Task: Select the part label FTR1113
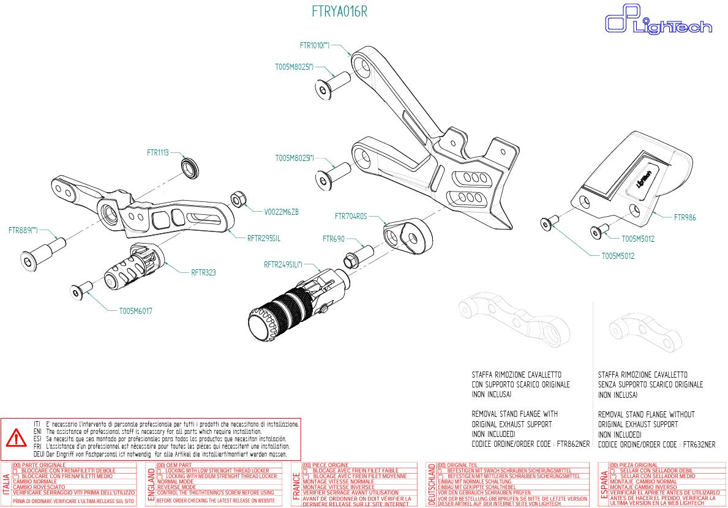pos(157,152)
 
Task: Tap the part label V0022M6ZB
pos(281,212)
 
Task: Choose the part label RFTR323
pos(203,272)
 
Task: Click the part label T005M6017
pos(135,311)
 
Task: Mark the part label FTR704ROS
pos(351,216)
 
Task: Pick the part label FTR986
pos(685,217)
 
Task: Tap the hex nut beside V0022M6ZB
pos(239,199)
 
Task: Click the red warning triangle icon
pos(16,438)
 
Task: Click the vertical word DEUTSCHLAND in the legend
pos(432,483)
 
